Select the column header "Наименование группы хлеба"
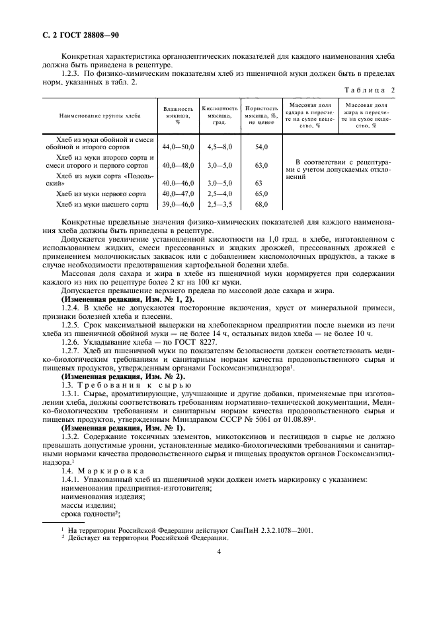click(100, 115)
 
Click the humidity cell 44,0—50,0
click(179, 147)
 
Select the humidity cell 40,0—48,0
click(179, 165)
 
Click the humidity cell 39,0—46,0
click(179, 205)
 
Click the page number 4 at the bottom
click(218, 555)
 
